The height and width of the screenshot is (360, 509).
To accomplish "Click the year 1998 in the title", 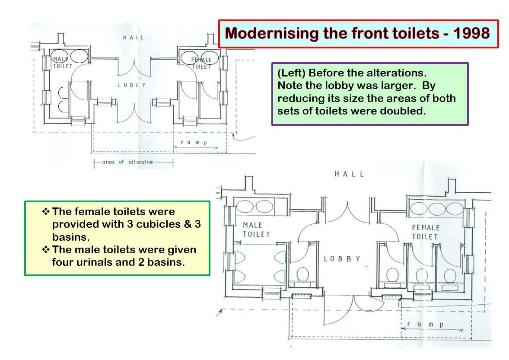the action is pos(471,33).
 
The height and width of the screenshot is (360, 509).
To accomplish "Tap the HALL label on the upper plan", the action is pos(133,38).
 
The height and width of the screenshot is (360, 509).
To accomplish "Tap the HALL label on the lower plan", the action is pos(349,174).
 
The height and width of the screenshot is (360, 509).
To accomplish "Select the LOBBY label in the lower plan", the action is pos(342,259).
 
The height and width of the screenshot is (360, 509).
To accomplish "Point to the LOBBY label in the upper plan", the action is pos(132,85).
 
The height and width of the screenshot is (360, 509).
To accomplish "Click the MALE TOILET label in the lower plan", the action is pos(256,229).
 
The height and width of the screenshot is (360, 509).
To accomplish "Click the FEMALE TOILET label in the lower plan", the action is pos(426,232).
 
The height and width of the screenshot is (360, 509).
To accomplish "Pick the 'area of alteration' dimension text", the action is pos(128,162).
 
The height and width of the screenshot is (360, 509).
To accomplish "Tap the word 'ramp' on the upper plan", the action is pos(194,142).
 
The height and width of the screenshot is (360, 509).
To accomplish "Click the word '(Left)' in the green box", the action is pos(291,73).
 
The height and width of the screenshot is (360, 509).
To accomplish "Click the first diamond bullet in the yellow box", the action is pos(46,211).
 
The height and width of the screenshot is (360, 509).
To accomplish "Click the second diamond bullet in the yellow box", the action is pos(46,249).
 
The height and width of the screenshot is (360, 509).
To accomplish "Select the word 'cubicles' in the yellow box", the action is pos(159,224).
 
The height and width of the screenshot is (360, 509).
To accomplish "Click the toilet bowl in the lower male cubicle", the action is pos(302,274).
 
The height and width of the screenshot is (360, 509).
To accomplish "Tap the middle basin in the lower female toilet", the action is pos(437,209).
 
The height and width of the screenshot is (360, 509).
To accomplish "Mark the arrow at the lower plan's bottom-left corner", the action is pos(220,312).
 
